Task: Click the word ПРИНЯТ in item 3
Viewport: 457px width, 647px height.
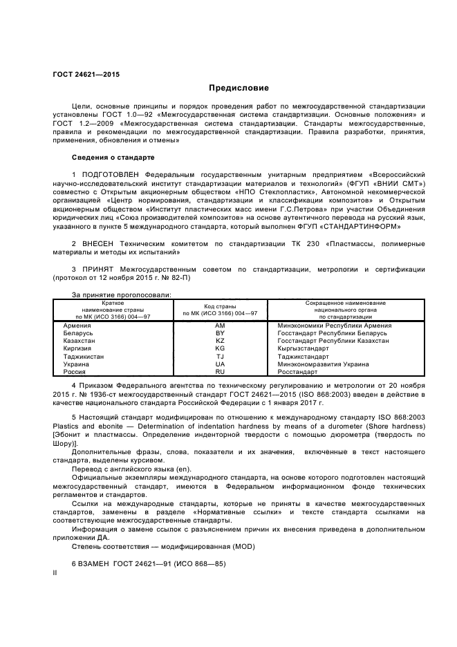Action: (x=97, y=269)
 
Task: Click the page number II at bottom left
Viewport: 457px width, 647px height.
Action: (x=55, y=574)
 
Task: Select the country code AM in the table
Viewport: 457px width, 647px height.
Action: (x=220, y=325)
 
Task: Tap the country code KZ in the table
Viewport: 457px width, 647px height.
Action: (x=220, y=341)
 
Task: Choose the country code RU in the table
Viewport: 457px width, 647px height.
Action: (x=220, y=371)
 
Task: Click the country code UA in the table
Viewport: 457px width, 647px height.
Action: (x=220, y=364)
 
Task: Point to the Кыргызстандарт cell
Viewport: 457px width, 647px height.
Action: (x=305, y=348)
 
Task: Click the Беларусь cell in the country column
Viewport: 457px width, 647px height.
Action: (x=78, y=332)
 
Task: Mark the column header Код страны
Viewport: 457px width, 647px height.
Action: (x=220, y=306)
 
